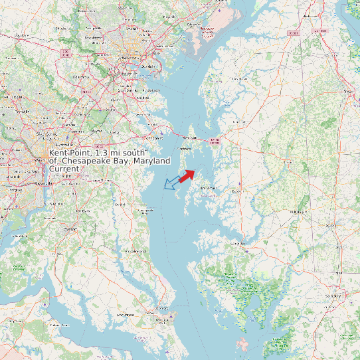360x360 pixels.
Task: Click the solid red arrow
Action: [x=187, y=175]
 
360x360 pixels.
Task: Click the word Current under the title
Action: [x=64, y=169]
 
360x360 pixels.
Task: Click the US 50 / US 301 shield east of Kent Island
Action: [x=214, y=140]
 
